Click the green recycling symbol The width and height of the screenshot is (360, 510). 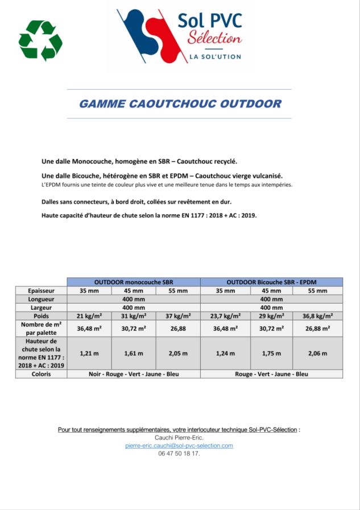tap(40, 40)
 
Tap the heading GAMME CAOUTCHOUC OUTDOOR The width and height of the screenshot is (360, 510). tap(180, 104)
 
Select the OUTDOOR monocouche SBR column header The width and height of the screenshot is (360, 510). tap(134, 282)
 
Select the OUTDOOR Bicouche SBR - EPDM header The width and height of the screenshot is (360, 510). tap(272, 282)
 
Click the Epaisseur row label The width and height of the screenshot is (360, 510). tap(41, 291)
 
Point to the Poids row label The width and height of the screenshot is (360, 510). tap(41, 316)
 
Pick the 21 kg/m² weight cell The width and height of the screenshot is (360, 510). tap(89, 316)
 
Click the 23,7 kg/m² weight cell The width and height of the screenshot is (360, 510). tap(225, 316)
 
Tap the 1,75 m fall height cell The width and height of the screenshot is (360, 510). tap(271, 353)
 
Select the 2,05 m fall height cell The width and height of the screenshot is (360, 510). tap(178, 353)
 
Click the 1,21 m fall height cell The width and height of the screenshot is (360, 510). tap(89, 353)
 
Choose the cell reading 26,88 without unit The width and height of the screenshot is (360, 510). tap(178, 328)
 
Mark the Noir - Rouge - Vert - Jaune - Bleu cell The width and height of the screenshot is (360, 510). tap(134, 374)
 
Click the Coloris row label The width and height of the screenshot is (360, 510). tap(41, 374)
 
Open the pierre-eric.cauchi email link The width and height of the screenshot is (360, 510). tap(179, 445)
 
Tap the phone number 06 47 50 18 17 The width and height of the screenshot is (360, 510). tap(179, 454)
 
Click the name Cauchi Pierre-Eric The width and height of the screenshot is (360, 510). tap(179, 437)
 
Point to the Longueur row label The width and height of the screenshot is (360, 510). tap(41, 299)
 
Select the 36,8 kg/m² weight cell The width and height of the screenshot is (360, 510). tap(317, 316)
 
